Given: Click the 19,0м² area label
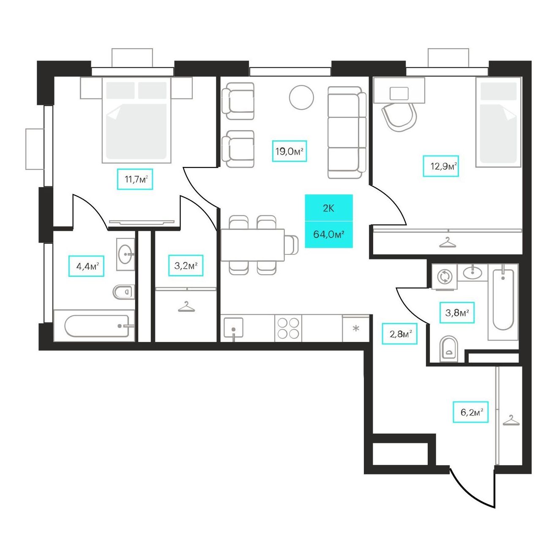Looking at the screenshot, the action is click(x=289, y=151).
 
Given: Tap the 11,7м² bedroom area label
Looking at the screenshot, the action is click(x=135, y=179).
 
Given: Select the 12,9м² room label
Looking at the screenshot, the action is click(x=441, y=166).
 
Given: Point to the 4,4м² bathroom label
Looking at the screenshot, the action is click(x=86, y=266).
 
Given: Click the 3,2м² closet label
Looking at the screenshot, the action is click(x=186, y=265).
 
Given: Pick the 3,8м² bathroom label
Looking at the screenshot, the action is click(x=457, y=312).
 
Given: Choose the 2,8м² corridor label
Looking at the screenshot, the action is click(x=399, y=333).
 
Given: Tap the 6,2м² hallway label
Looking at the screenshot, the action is click(x=470, y=412).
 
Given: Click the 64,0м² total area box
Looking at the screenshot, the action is click(x=329, y=235).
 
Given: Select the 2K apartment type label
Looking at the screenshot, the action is click(x=329, y=208).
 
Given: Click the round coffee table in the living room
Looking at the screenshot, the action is click(x=301, y=97).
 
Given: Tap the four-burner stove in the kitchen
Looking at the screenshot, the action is click(x=288, y=328).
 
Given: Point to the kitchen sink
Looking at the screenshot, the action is click(x=233, y=328).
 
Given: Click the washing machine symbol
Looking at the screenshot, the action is click(x=444, y=277).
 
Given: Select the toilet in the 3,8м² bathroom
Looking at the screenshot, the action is click(x=449, y=349).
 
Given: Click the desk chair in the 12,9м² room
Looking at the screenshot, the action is click(x=399, y=117).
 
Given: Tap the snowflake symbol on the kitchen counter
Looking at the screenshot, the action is click(x=356, y=329).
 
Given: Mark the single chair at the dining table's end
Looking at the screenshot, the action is click(x=291, y=245).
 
